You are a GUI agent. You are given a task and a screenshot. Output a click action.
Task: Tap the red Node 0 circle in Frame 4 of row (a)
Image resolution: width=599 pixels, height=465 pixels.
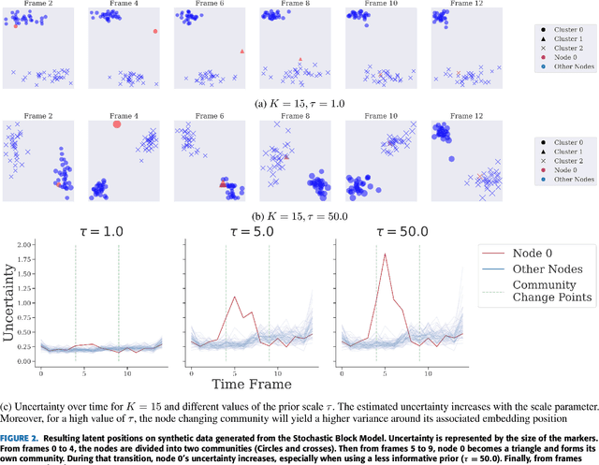tap(155, 31)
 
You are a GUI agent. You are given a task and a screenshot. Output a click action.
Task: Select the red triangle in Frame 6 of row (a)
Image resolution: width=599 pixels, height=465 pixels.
tap(241, 51)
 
